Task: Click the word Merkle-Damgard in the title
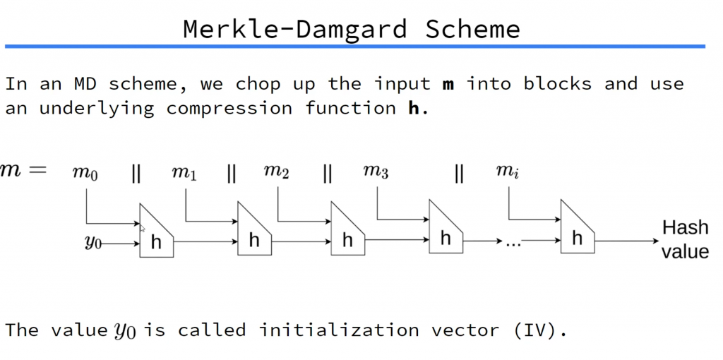point(294,30)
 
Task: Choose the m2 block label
point(276,173)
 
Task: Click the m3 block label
point(376,173)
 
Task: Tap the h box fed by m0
point(157,236)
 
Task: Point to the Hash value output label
point(685,239)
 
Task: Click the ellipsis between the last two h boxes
point(513,241)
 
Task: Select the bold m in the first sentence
point(448,84)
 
